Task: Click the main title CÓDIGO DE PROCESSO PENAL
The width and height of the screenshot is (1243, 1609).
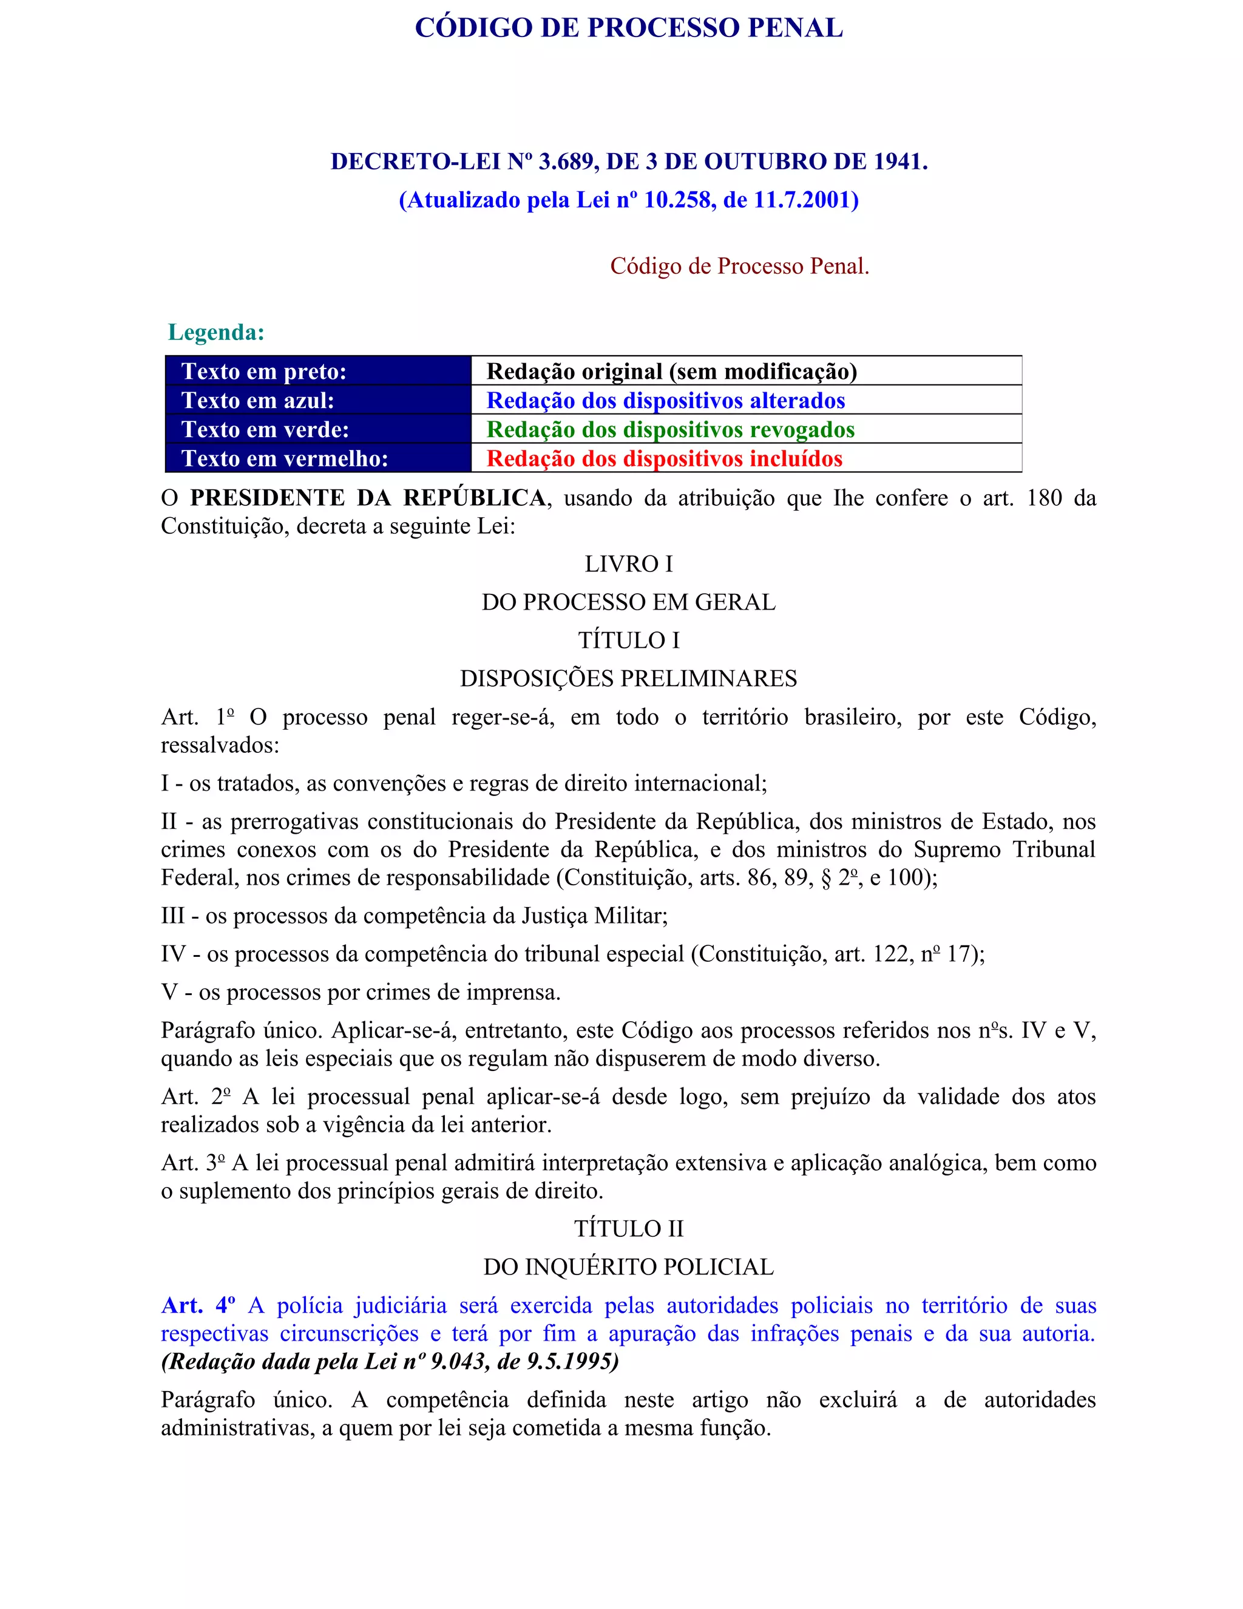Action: click(x=628, y=28)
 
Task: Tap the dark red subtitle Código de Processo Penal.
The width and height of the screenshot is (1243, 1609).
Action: click(x=739, y=266)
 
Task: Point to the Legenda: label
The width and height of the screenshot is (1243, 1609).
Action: click(x=215, y=332)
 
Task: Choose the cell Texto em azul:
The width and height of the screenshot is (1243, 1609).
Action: click(x=258, y=400)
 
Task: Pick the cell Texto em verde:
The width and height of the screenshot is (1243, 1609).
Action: click(x=265, y=429)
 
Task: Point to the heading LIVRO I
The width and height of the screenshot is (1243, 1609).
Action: click(x=628, y=564)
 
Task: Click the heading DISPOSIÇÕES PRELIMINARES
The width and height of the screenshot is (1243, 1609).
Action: click(x=628, y=679)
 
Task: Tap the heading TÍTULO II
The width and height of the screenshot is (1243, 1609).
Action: click(x=628, y=1229)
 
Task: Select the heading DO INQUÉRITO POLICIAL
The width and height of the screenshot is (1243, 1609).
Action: click(x=628, y=1267)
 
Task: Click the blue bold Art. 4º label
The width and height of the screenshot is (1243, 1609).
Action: click(x=198, y=1305)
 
